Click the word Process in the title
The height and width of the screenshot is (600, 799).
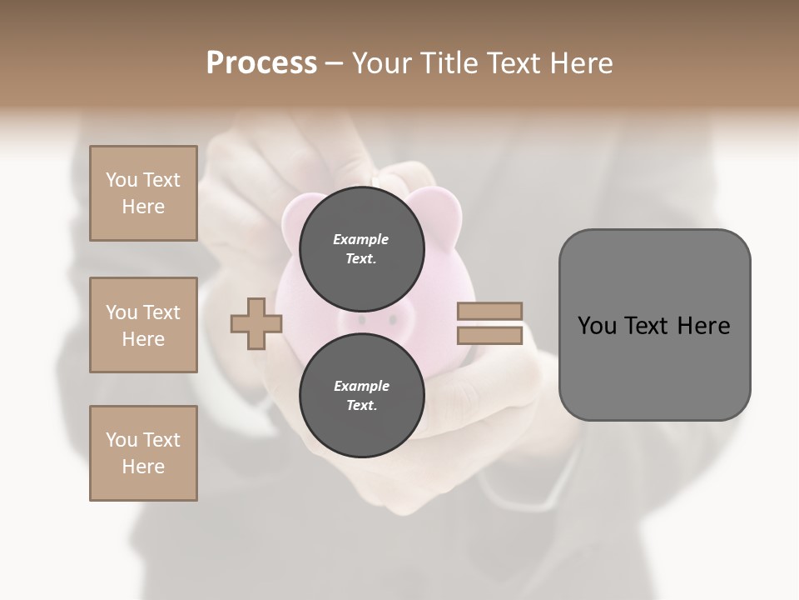click(x=261, y=63)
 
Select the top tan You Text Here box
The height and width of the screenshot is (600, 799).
click(x=143, y=193)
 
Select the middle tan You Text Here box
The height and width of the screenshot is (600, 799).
click(x=143, y=325)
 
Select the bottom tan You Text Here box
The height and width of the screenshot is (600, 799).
click(x=143, y=453)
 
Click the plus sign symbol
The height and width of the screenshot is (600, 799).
click(x=256, y=324)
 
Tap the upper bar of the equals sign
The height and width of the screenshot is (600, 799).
click(x=489, y=311)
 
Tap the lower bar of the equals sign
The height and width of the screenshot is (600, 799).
click(x=489, y=336)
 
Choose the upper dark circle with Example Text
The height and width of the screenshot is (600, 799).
click(x=361, y=248)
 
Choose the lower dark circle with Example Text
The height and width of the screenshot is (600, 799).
click(x=361, y=395)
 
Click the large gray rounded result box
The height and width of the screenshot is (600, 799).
click(x=654, y=324)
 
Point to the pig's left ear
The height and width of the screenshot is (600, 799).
click(x=292, y=215)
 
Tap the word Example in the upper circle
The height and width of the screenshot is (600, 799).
click(x=361, y=239)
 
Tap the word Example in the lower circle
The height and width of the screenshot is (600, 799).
click(x=361, y=386)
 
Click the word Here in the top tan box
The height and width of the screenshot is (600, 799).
click(x=143, y=207)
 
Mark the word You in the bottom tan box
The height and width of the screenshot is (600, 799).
click(x=122, y=439)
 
